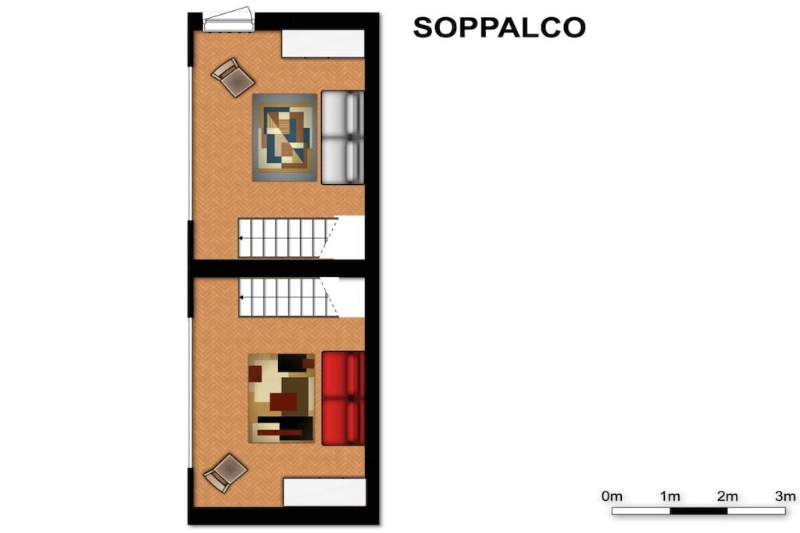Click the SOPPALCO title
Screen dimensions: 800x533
pos(499,27)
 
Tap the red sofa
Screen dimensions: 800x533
pos(343,398)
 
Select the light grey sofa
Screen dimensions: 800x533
pos(342,137)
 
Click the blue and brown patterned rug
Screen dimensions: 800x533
pos(284,137)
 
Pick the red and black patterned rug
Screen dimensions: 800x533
pos(281,398)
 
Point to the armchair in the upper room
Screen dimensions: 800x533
pos(233,77)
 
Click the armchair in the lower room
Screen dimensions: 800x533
pos(226,474)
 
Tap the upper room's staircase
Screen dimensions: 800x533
pos(288,237)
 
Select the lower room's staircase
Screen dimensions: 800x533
pos(288,297)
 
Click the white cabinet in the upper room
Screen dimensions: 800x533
pos(323,44)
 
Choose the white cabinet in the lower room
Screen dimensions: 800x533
pos(324,492)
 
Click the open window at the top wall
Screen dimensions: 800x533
pos(229,20)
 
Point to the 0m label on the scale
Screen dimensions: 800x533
pos(612,496)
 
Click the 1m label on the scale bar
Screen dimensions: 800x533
pos(670,496)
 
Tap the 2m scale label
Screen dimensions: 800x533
pos(727,496)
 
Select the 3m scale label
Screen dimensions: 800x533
pos(785,496)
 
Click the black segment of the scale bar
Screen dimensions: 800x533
pos(698,510)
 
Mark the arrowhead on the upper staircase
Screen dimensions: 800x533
pos(241,238)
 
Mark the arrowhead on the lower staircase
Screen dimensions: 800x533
pos(241,297)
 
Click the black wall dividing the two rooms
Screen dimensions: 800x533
pos(280,268)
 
